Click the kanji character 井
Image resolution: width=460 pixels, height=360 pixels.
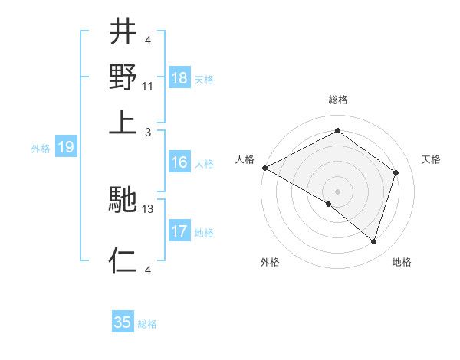[x=123, y=32]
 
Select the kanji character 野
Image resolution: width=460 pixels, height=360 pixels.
[x=123, y=77]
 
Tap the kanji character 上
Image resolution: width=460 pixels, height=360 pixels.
[x=123, y=123]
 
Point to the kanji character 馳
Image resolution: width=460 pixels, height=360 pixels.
[x=123, y=201]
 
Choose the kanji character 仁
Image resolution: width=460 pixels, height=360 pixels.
[x=123, y=260]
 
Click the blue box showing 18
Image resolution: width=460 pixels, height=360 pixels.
[x=179, y=78]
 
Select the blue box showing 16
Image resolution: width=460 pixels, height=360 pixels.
[x=179, y=162]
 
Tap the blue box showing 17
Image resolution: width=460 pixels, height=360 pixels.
[x=179, y=231]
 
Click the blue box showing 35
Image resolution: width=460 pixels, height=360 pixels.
[x=123, y=322]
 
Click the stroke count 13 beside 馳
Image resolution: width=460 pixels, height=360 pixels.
[x=149, y=208]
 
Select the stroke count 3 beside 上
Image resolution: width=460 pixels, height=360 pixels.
[x=149, y=131]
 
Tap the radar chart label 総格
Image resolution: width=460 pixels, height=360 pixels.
[x=338, y=100]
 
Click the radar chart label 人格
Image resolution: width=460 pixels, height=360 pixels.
[x=245, y=159]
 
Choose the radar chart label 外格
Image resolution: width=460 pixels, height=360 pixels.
[x=270, y=263]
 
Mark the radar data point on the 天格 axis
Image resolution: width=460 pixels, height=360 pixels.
[x=396, y=172]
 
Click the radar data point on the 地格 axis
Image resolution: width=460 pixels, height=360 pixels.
[x=374, y=241]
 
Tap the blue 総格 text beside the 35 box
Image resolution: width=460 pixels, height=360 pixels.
[x=147, y=324]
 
